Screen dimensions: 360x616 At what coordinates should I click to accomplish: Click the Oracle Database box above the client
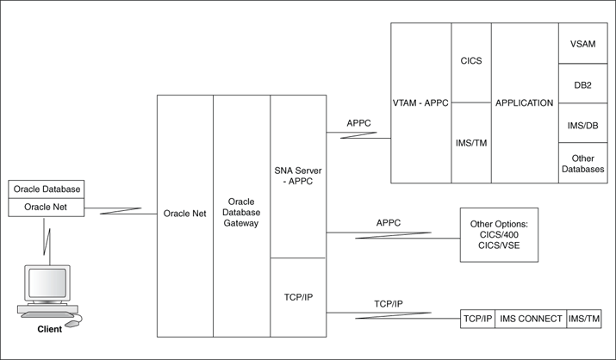coord(50,190)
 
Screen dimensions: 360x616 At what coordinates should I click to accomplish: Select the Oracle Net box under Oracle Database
coord(50,207)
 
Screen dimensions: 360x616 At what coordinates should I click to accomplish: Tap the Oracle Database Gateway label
coord(241,211)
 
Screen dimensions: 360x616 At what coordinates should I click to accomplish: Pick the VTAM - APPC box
coord(421,103)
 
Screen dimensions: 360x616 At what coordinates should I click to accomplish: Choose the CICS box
coord(470,62)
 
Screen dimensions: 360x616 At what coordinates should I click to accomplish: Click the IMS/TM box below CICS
coord(470,143)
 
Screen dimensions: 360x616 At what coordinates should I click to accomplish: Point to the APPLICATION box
coord(524,103)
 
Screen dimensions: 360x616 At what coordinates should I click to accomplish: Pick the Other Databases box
coord(582,163)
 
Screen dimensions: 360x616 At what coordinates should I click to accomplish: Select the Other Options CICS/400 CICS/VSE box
coord(499,234)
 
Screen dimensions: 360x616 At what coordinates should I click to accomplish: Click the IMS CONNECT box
coord(530,319)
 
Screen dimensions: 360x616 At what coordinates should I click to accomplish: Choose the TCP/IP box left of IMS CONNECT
coord(477,319)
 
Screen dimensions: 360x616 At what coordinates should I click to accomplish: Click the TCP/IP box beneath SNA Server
coord(298,296)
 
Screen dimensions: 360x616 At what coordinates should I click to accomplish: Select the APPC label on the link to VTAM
coord(358,124)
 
